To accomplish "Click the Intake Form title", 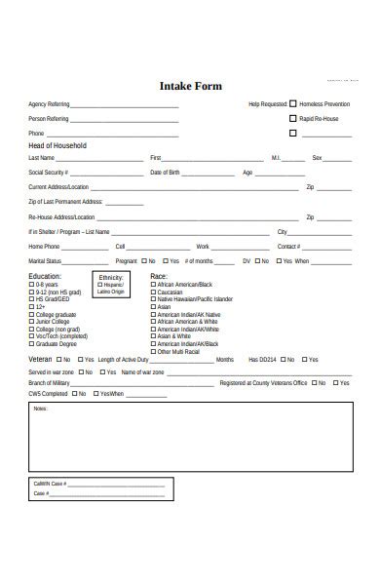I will click(x=190, y=86).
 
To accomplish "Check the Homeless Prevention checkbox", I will click(x=293, y=103).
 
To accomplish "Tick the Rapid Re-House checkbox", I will click(x=293, y=118).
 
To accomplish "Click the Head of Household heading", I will click(x=57, y=145).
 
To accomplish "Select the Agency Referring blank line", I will click(x=125, y=105).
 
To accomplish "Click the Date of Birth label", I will click(x=165, y=173).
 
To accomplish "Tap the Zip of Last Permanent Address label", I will click(x=65, y=201).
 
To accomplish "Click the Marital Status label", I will click(x=45, y=261).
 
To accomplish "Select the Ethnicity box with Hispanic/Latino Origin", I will click(x=110, y=284).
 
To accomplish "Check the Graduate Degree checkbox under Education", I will click(x=32, y=343).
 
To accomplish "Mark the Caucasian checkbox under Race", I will click(x=153, y=292).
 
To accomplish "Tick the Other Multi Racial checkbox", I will click(x=153, y=351).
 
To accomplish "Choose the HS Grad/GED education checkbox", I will click(x=32, y=299).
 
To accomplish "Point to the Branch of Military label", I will click(x=49, y=383).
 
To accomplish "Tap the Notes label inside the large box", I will click(x=40, y=409).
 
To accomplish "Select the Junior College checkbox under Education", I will click(x=32, y=322).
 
